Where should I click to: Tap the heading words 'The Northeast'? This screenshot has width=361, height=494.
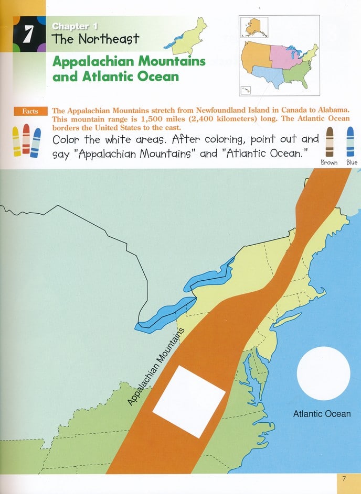pyautogui.click(x=95, y=39)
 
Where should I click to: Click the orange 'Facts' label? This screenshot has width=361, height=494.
pyautogui.click(x=30, y=112)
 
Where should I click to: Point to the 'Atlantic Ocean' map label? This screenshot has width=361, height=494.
pyautogui.click(x=322, y=414)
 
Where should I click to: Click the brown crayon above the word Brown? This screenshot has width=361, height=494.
pyautogui.click(x=330, y=142)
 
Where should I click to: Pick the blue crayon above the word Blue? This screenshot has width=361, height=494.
pyautogui.click(x=349, y=142)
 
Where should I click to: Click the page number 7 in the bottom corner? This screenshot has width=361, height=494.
pyautogui.click(x=344, y=479)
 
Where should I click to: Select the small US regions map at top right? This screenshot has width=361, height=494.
pyautogui.click(x=279, y=55)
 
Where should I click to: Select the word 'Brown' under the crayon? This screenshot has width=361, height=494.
pyautogui.click(x=330, y=163)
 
